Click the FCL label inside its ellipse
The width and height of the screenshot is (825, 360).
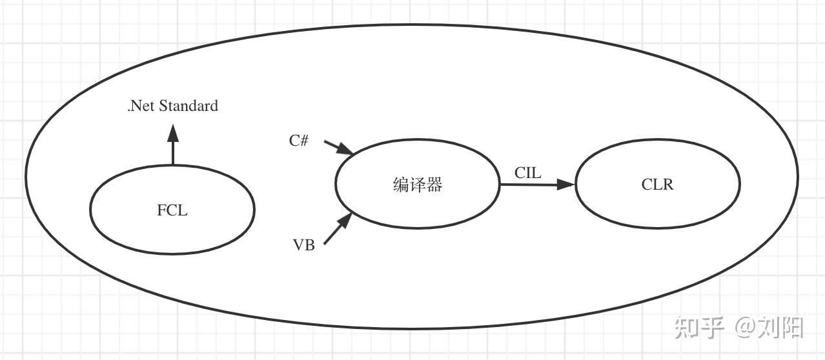(172, 210)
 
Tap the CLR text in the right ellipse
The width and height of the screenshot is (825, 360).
(657, 185)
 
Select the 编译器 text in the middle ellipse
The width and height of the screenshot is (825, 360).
(418, 185)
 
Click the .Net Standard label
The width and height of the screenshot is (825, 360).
(172, 106)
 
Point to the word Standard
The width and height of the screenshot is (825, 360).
(188, 106)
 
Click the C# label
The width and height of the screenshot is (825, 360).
(299, 141)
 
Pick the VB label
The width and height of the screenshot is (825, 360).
(304, 245)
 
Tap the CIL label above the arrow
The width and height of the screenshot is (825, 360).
(527, 172)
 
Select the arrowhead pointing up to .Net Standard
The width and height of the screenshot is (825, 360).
(172, 134)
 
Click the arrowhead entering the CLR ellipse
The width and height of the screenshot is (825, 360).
(566, 185)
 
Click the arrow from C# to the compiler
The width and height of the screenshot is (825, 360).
(338, 148)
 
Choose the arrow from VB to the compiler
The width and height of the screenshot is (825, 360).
(338, 229)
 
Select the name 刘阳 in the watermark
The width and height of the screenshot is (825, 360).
(783, 328)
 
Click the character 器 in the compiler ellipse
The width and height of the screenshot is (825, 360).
(434, 185)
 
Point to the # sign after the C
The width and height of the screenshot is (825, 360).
(304, 141)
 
